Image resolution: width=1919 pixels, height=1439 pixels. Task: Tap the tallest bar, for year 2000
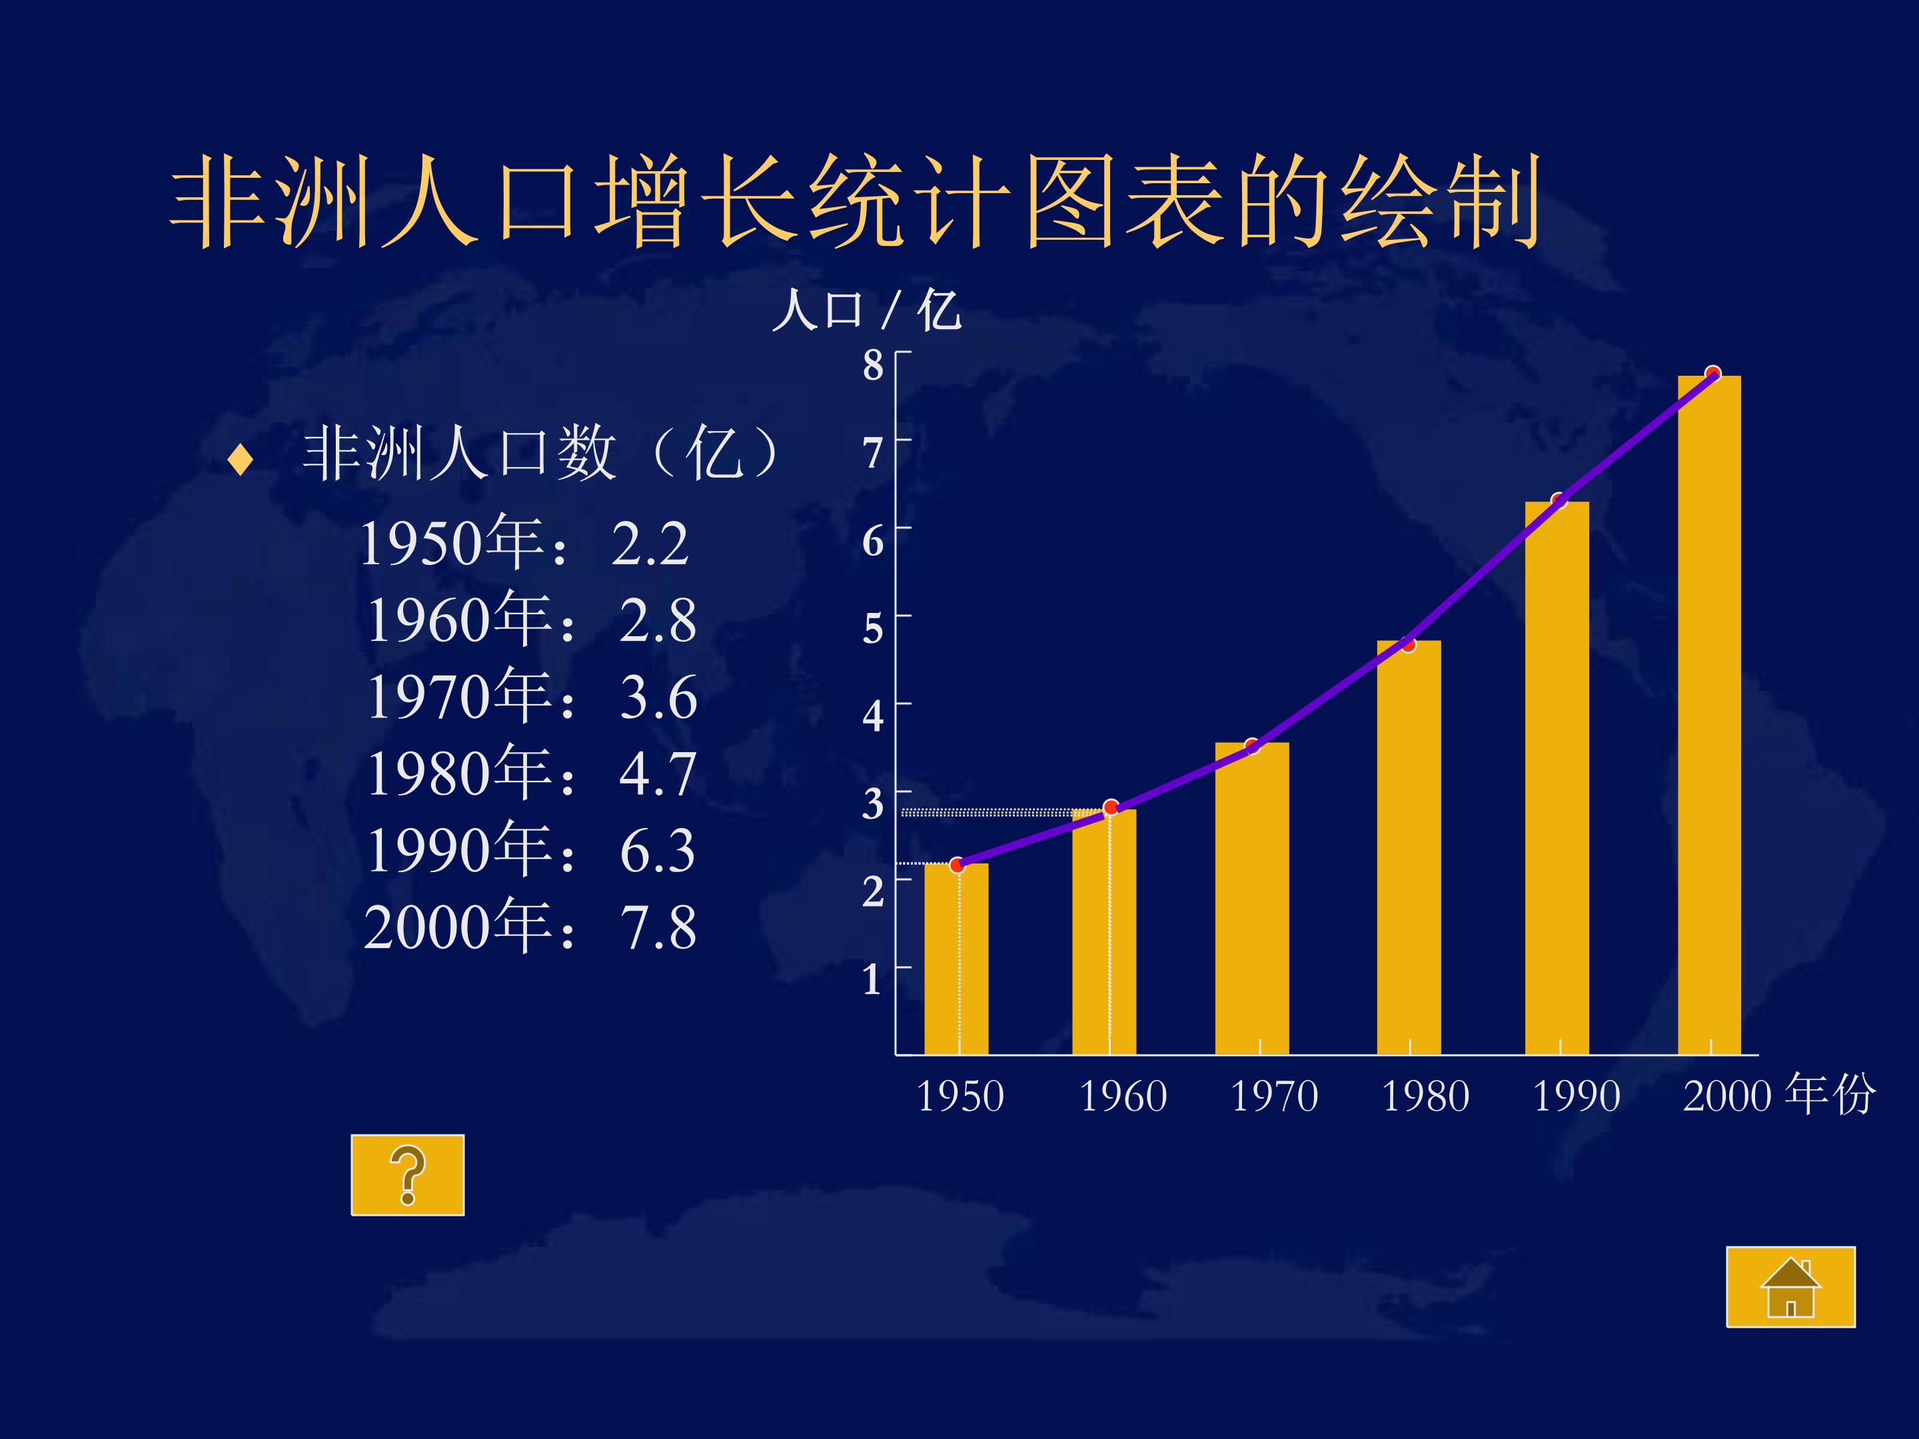[x=1708, y=715]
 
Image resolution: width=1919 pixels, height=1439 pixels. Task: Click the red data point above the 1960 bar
[x=1111, y=807]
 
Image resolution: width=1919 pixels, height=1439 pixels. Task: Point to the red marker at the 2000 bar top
[x=1712, y=374]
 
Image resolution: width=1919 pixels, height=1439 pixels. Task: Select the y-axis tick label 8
[x=872, y=365]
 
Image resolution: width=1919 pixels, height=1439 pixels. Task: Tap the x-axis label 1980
[x=1425, y=1097]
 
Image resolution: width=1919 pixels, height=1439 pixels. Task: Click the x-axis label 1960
[x=1123, y=1097]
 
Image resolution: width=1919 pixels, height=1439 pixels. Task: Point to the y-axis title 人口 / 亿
[x=866, y=310]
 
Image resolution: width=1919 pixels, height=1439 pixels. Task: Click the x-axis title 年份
[x=1830, y=1095]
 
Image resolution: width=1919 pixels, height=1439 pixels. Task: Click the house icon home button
[x=1790, y=1287]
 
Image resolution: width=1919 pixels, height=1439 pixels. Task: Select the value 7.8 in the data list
[x=658, y=928]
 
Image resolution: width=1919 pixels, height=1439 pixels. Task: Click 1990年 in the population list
[x=460, y=851]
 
